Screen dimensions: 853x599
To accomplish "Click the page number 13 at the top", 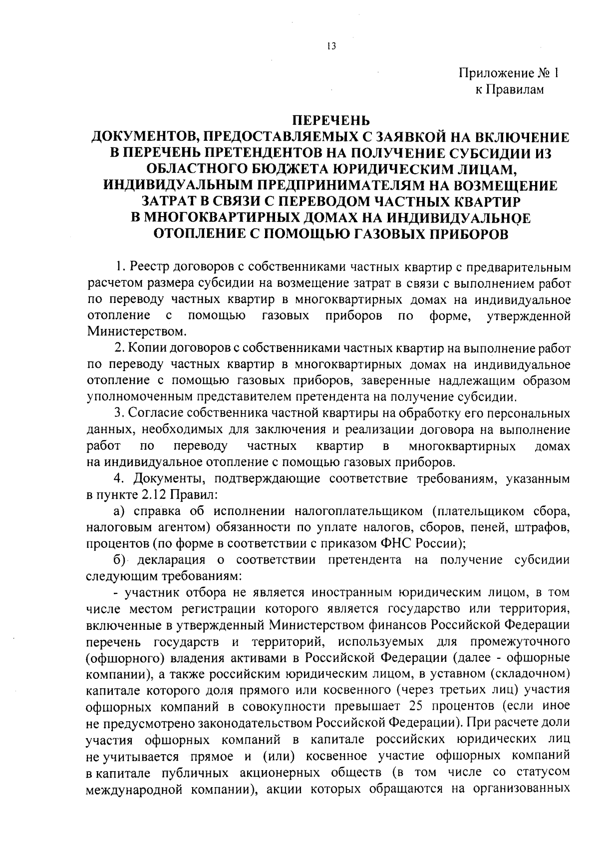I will click(331, 46).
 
